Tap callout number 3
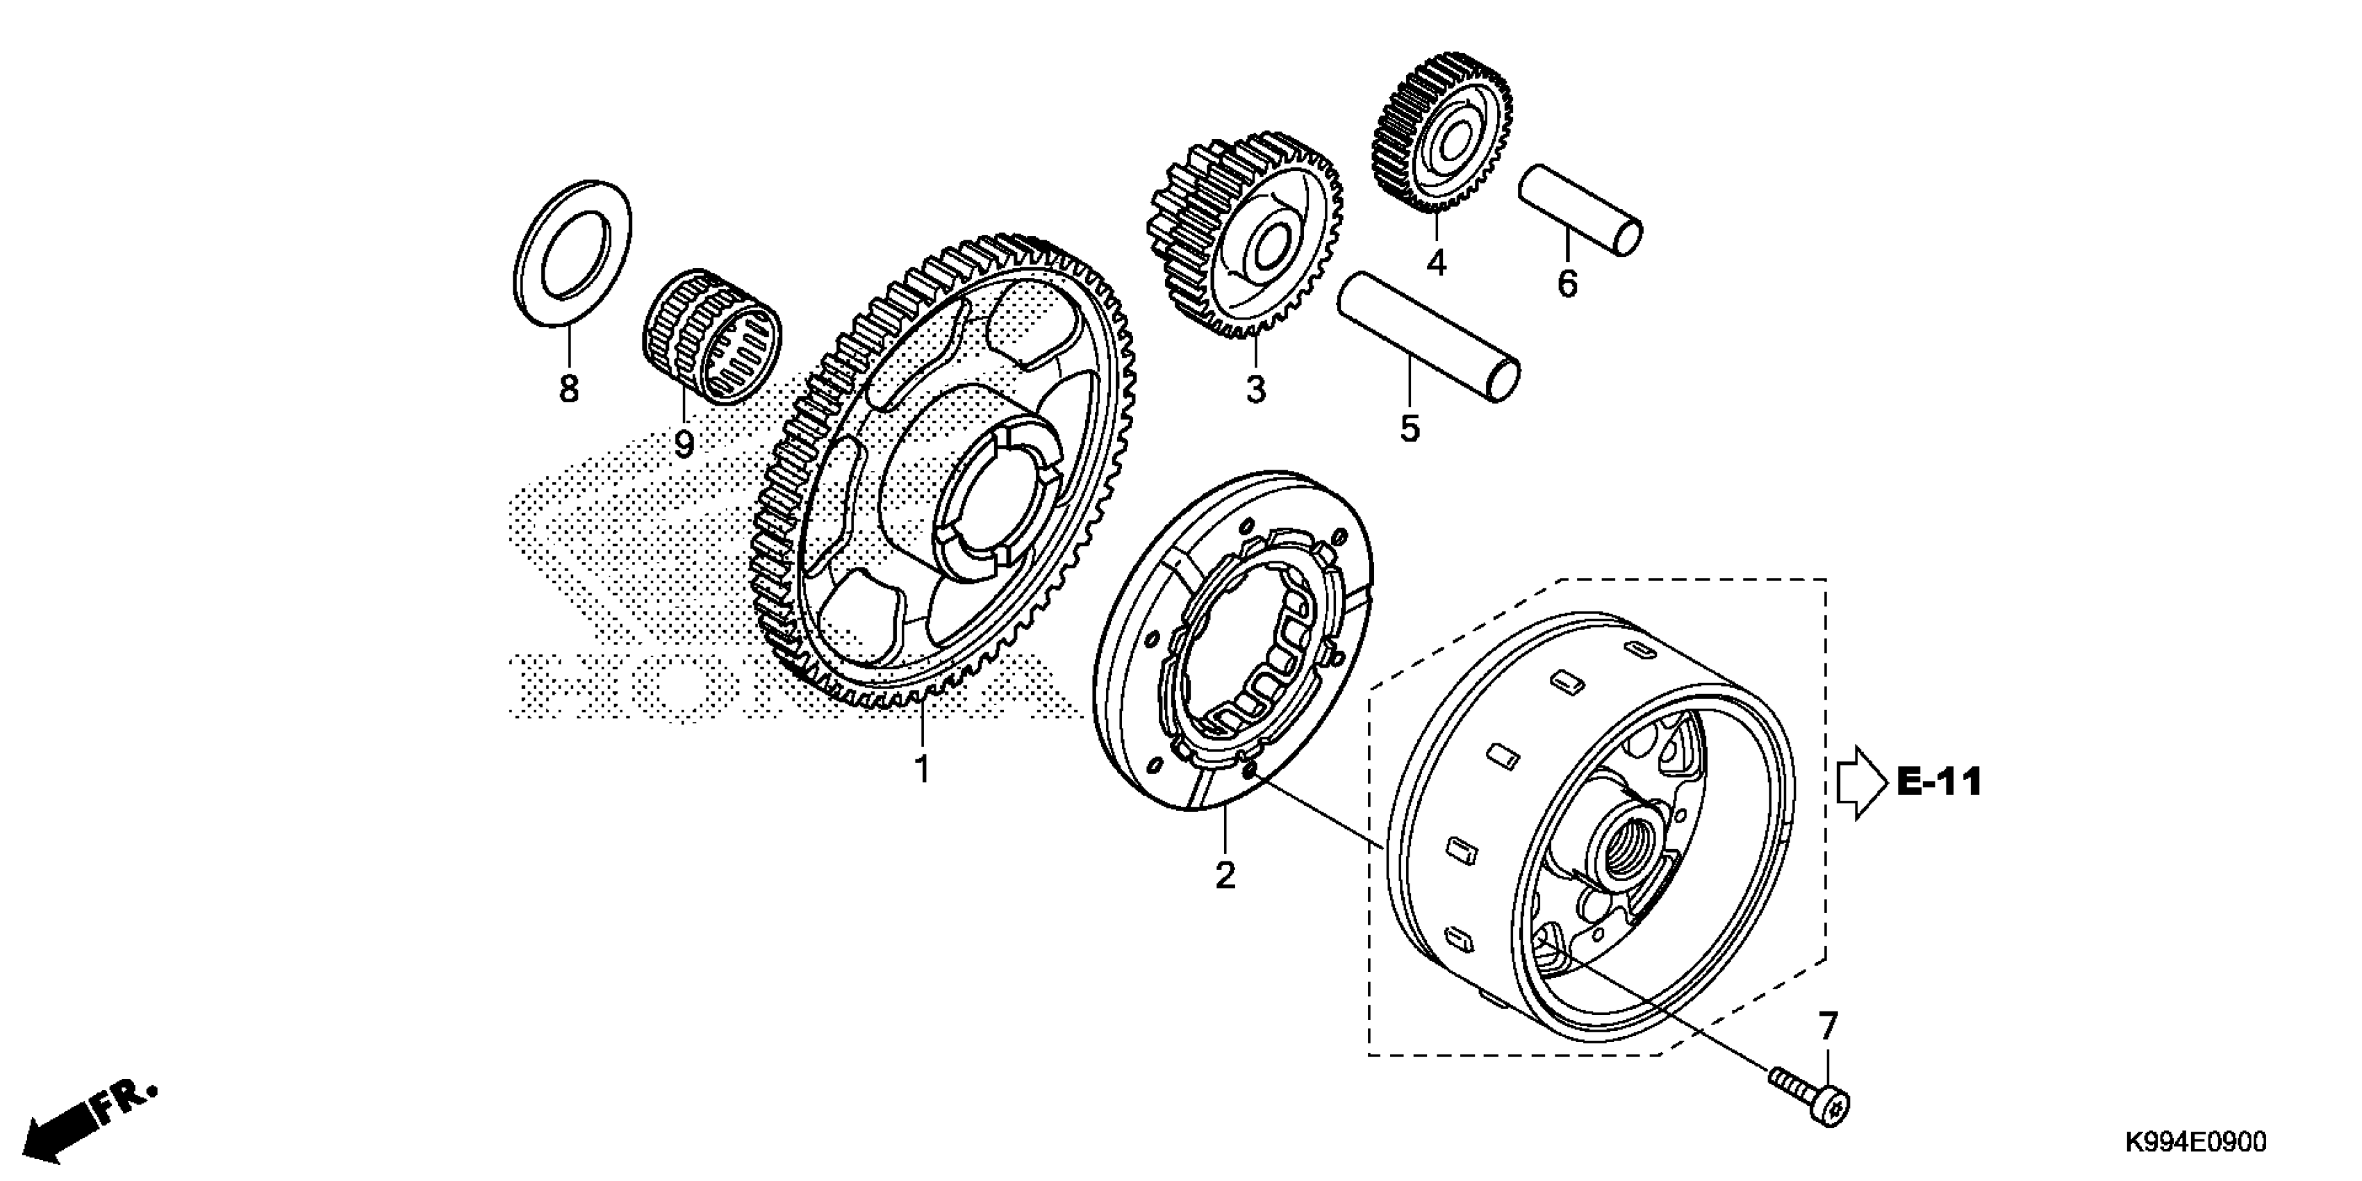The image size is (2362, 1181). (x=1255, y=389)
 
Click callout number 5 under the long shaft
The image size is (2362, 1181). (x=1410, y=427)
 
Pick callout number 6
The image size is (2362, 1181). (x=1567, y=283)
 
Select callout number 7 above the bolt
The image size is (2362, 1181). (x=1828, y=1026)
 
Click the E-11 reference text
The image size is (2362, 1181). (x=1938, y=782)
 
